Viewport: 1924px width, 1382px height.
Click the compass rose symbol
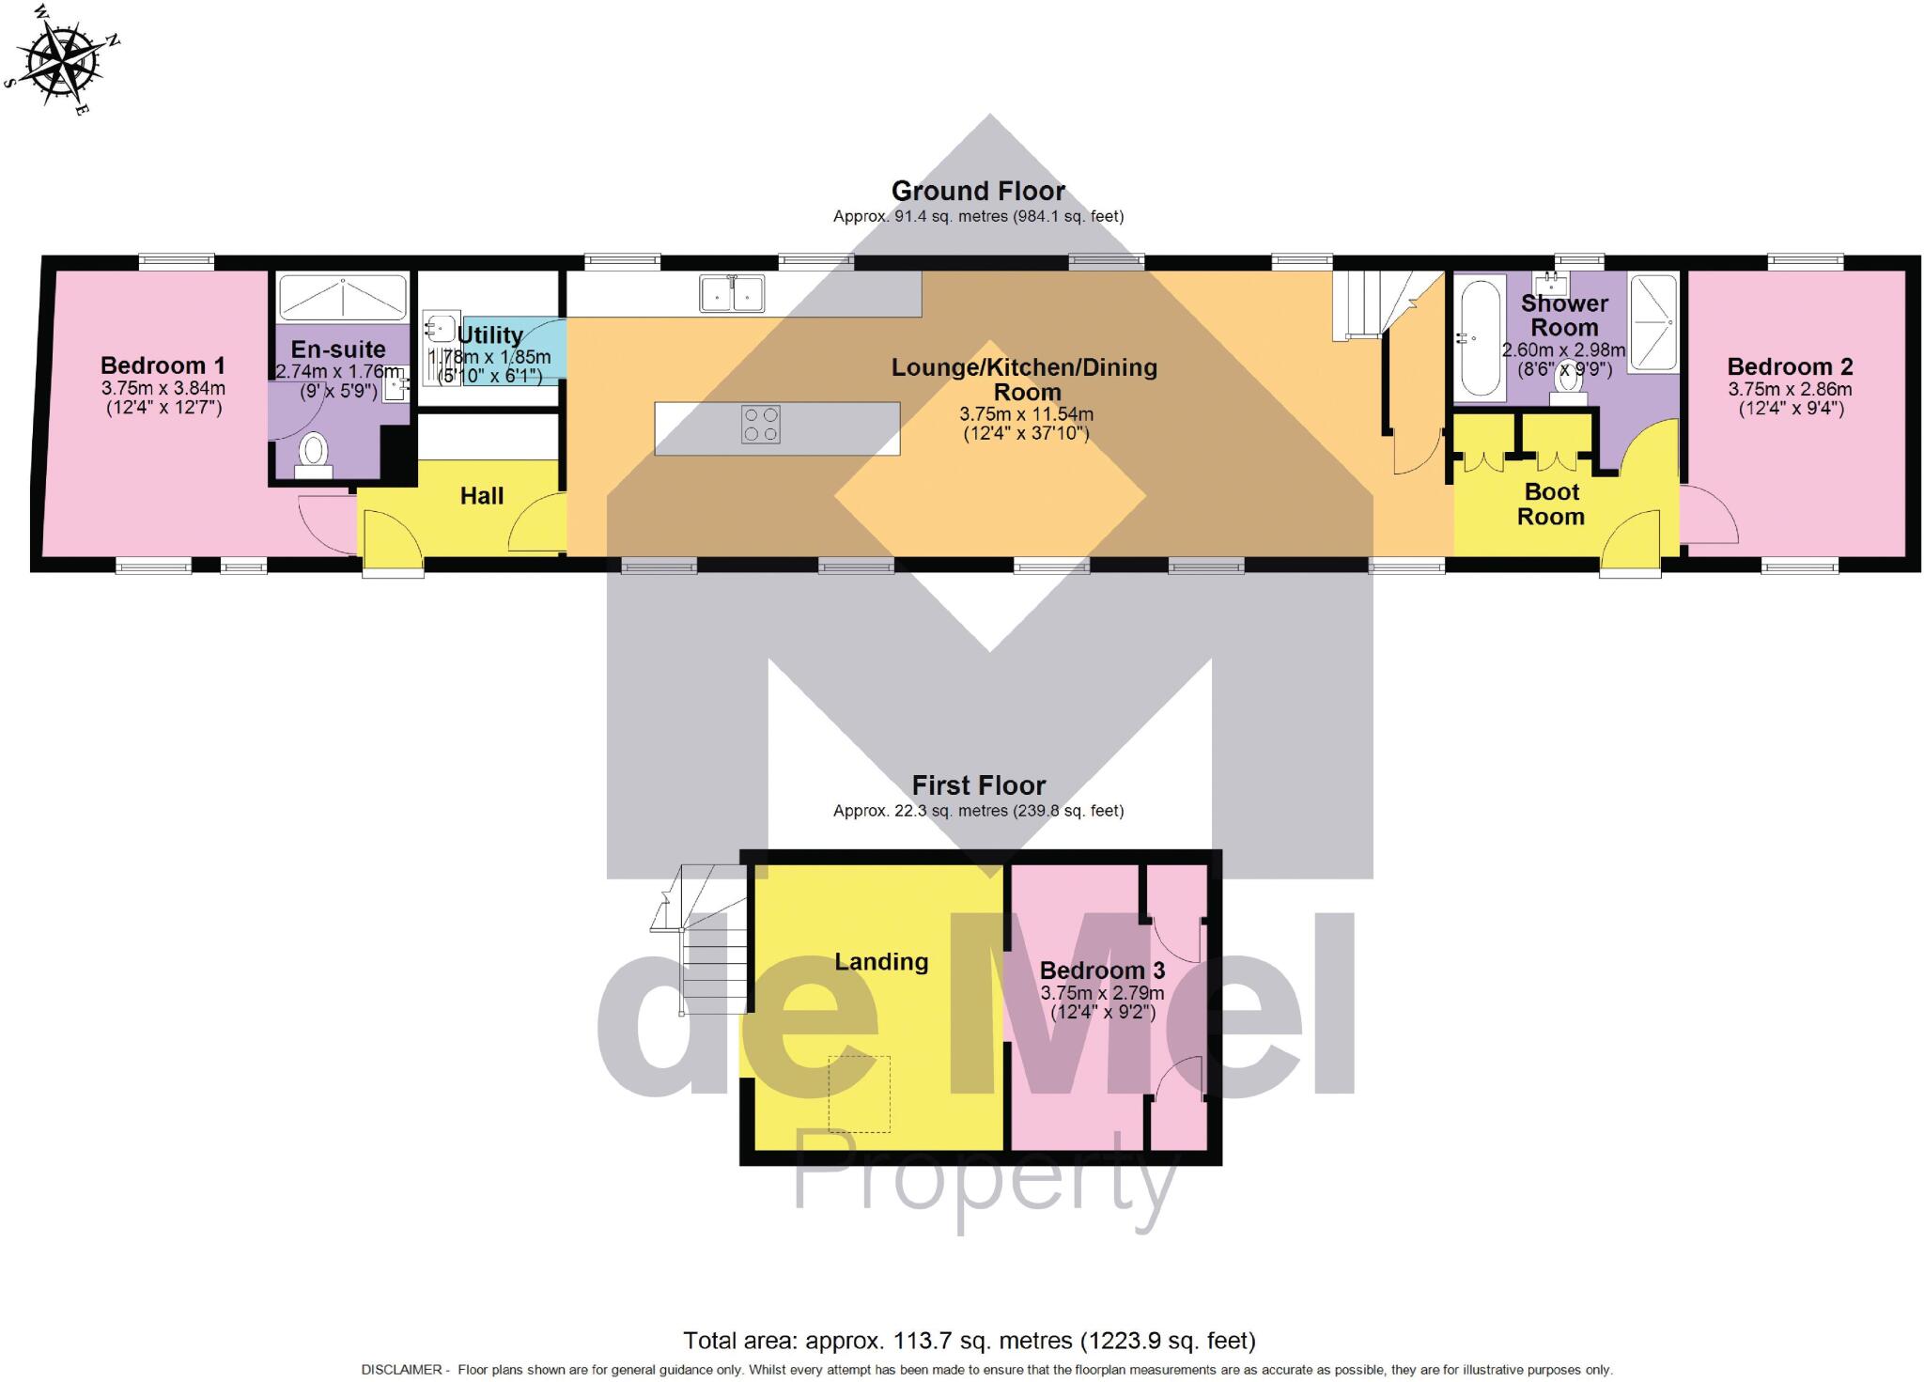64,59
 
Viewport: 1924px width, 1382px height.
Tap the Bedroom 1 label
163,365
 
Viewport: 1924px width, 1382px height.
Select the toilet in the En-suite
313,452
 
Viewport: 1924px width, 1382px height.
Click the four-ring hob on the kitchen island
760,424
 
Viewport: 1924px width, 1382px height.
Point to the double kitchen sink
732,293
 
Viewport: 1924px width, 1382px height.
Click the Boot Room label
1551,504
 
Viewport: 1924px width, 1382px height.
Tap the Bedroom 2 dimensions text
1790,398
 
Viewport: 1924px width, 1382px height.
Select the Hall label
482,495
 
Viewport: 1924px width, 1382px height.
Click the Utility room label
489,335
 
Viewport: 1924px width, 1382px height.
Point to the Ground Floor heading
978,192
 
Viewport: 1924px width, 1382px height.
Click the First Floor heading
978,785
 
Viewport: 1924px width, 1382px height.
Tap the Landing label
881,961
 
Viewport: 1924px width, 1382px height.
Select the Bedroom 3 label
1102,971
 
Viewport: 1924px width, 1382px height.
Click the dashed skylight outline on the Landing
859,1095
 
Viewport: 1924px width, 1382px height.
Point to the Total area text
969,1340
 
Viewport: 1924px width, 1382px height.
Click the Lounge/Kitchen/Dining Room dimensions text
1026,424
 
